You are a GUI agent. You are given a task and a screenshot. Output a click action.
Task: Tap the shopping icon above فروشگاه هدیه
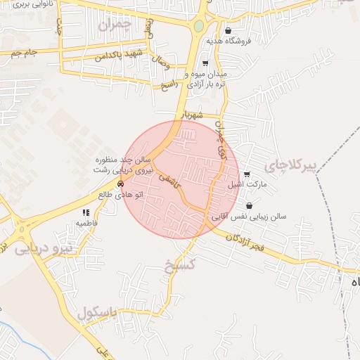point(228,30)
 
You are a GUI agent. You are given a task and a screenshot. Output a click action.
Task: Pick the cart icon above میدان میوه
point(205,63)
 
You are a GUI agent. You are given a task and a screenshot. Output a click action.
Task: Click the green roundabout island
point(198,27)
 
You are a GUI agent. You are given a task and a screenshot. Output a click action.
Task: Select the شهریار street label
point(191,115)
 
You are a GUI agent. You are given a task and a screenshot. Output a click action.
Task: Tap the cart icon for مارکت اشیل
point(246,174)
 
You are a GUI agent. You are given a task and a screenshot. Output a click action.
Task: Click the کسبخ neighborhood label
point(179,266)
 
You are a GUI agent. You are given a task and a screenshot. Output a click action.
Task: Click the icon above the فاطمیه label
point(86,212)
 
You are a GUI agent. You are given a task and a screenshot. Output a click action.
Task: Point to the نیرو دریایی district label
point(42,249)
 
